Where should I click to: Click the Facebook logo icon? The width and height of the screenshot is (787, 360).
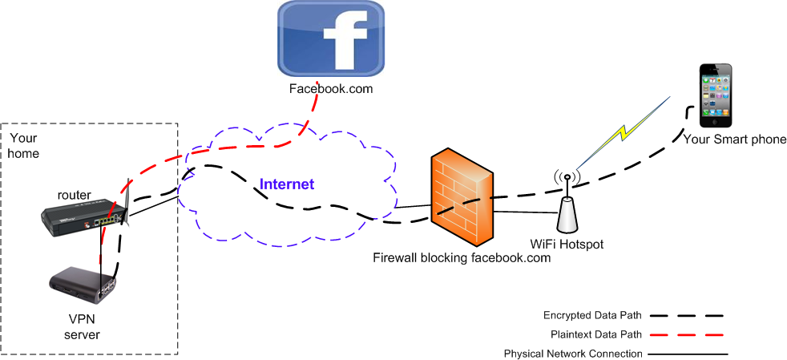point(331,39)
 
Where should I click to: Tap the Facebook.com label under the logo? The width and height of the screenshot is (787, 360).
point(331,89)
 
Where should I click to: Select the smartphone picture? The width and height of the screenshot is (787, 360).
point(716,96)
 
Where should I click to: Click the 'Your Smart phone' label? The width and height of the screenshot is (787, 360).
point(735,140)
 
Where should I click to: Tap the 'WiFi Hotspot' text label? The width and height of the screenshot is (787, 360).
point(567,243)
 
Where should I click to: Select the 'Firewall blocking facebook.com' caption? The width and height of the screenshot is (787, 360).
point(462,258)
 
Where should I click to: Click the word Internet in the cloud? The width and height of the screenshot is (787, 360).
point(286,184)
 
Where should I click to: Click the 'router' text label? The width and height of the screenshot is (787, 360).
point(75,195)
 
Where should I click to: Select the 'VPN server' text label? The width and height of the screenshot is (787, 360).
point(82,327)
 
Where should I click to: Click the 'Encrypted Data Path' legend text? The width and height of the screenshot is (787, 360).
point(592,315)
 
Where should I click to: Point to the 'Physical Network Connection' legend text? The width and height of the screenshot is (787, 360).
point(573,354)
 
